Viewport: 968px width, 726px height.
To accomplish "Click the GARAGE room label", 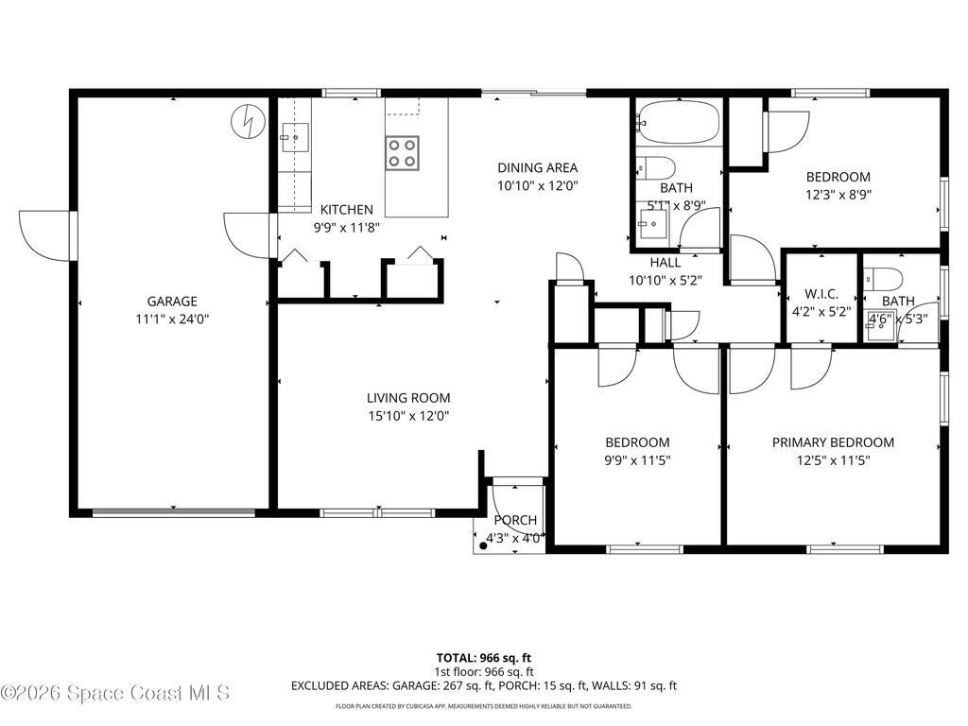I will [171, 302].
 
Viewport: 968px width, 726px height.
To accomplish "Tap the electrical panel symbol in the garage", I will [247, 121].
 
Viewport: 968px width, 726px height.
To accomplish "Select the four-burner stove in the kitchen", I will [402, 152].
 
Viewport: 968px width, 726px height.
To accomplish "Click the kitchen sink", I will [295, 138].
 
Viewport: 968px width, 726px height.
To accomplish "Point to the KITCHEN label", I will [346, 210].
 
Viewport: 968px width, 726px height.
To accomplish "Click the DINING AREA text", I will [537, 168].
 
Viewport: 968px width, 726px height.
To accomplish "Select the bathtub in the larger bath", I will [678, 122].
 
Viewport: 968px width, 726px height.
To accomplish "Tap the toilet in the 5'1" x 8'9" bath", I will [656, 169].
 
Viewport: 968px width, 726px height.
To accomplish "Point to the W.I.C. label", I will [821, 293].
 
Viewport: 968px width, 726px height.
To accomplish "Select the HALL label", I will [665, 263].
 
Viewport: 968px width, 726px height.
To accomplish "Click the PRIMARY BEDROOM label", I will [833, 442].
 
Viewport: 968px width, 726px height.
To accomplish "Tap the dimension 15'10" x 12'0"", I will [408, 415].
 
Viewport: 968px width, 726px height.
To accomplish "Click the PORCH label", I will [515, 521].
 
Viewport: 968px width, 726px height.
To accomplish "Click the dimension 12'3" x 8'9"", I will [838, 194].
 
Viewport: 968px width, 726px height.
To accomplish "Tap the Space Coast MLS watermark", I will [115, 693].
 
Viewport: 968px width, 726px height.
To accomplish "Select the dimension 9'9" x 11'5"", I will [637, 460].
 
